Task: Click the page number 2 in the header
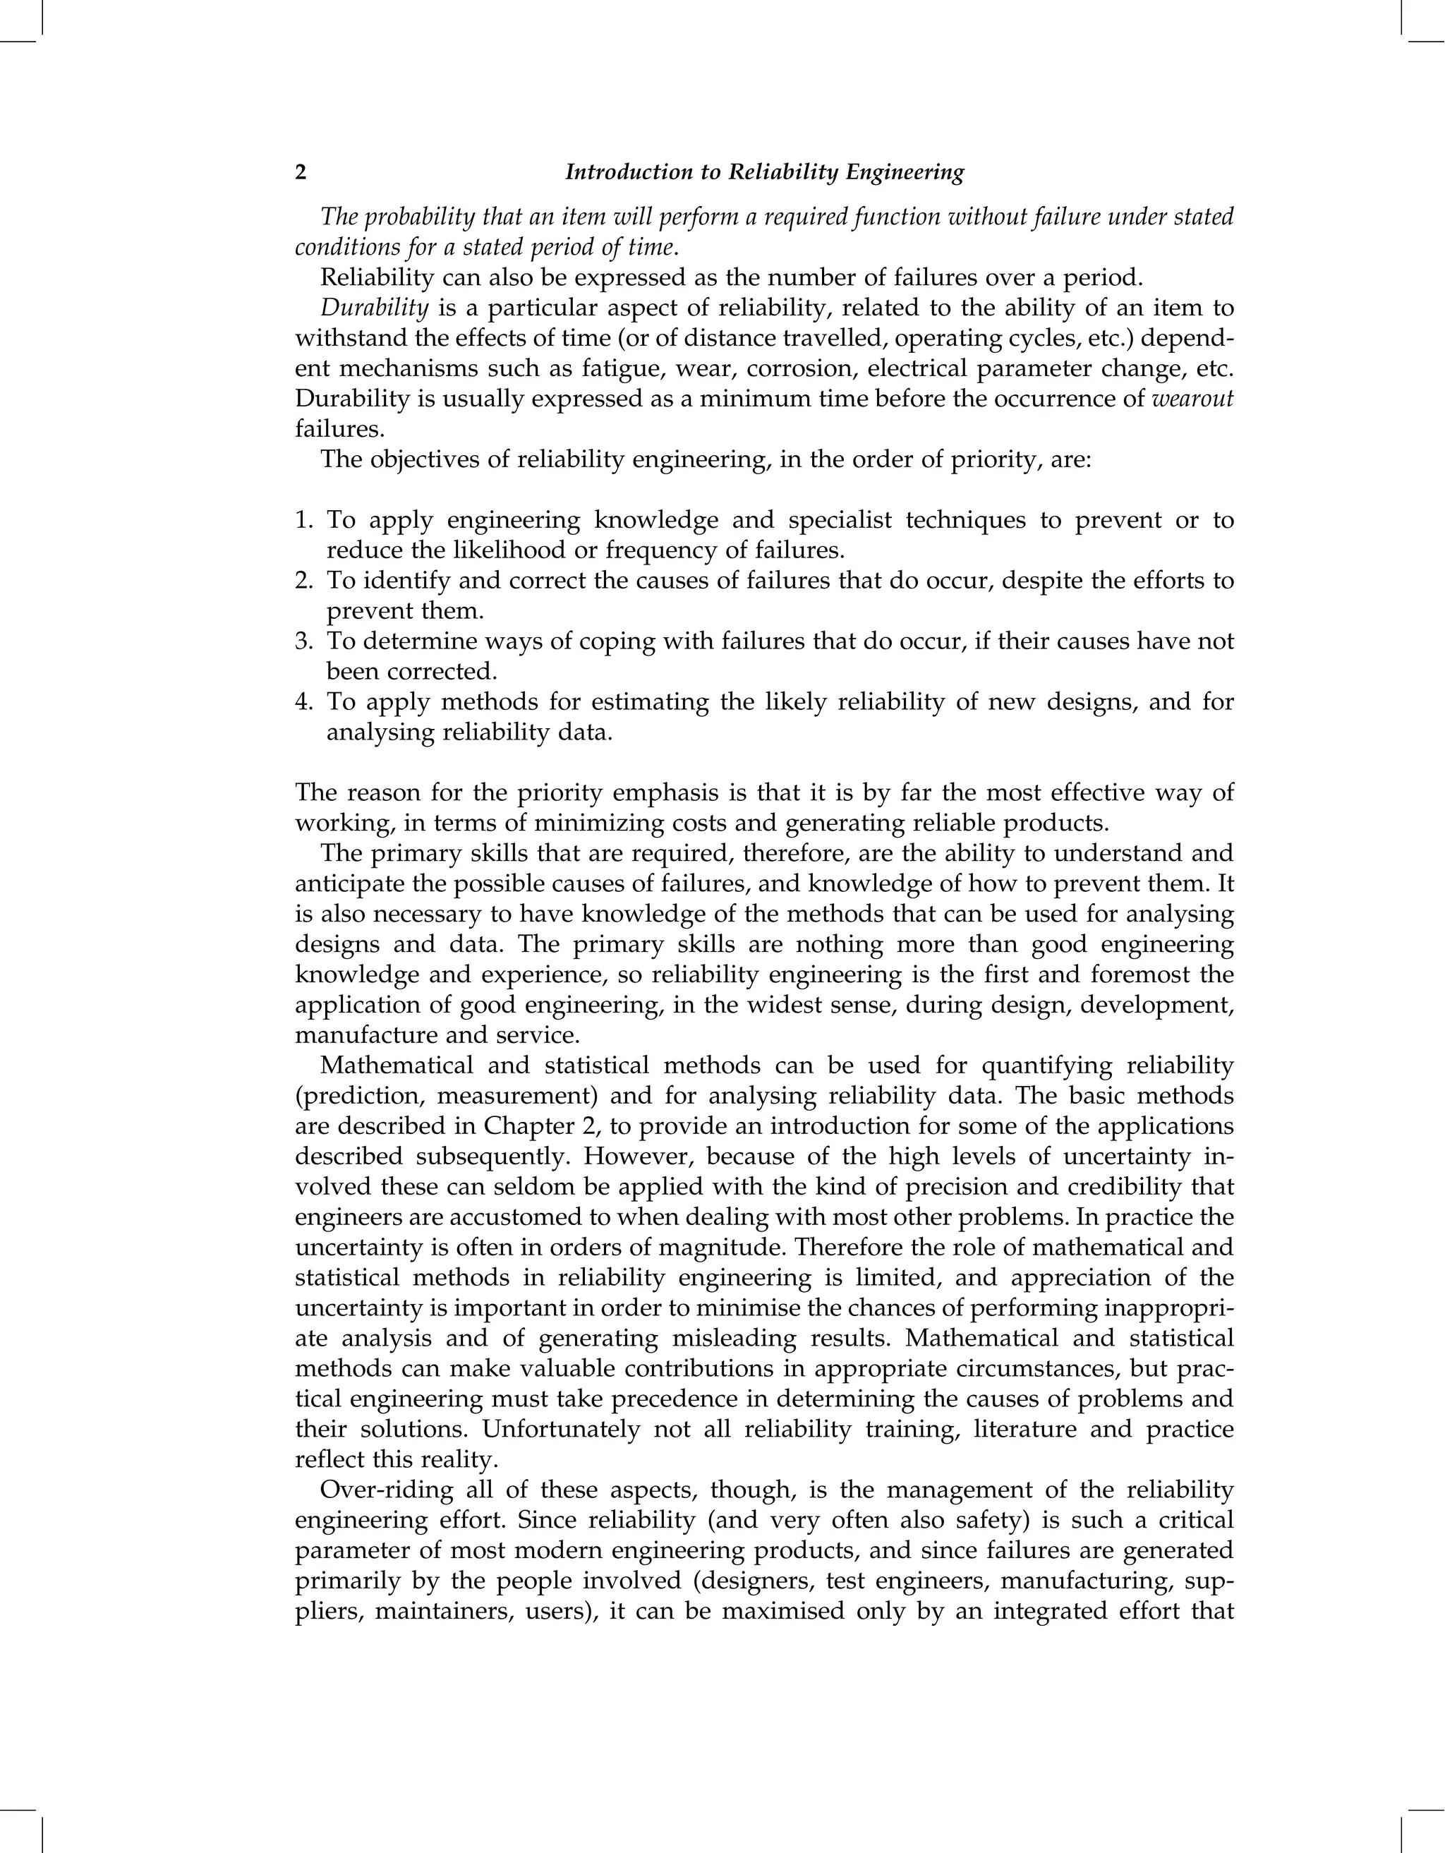301,173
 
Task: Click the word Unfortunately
560,1430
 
